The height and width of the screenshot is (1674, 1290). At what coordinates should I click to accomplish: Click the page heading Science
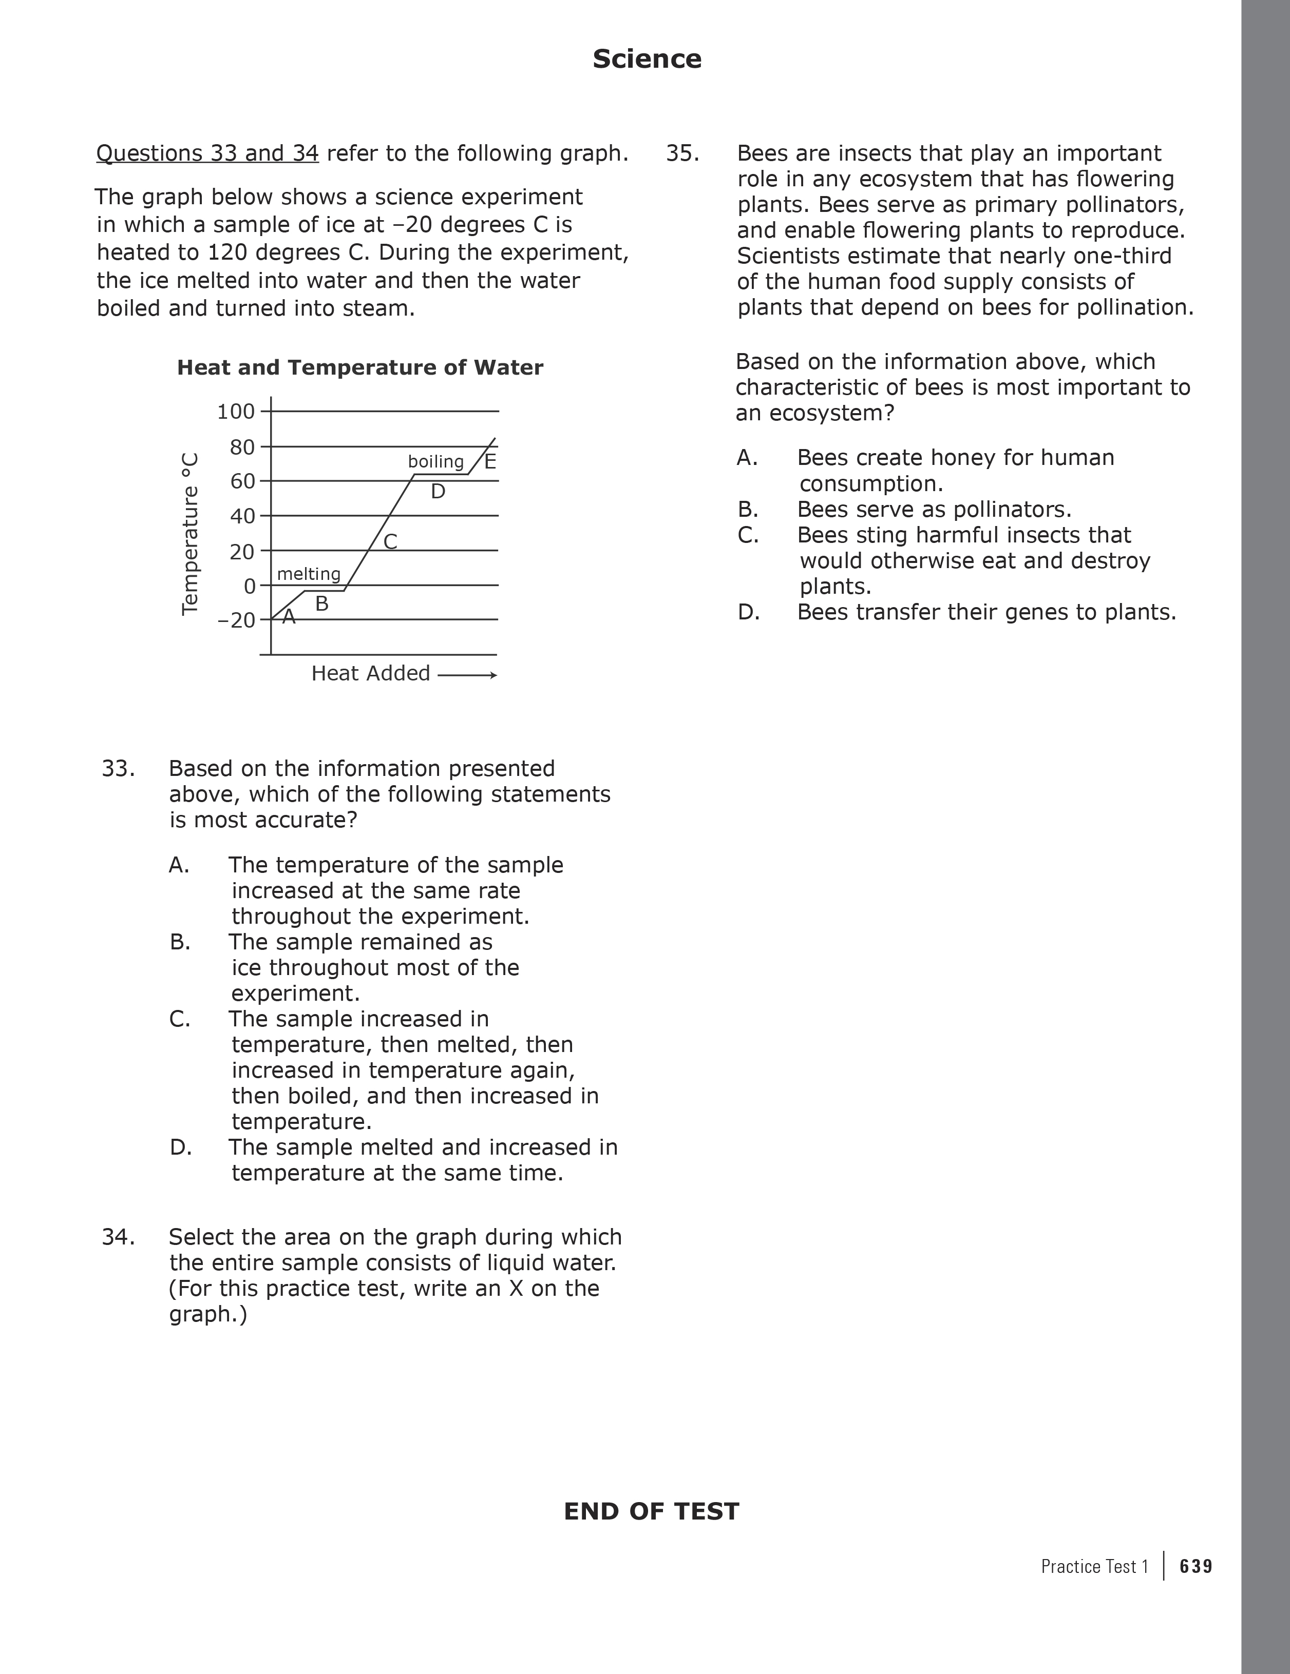pyautogui.click(x=647, y=59)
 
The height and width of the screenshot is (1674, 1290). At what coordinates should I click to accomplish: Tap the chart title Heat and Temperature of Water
pyautogui.click(x=359, y=368)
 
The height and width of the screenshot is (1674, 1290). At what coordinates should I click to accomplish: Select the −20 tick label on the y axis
pyautogui.click(x=235, y=620)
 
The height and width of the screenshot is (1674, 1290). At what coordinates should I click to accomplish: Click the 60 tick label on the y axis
pyautogui.click(x=242, y=481)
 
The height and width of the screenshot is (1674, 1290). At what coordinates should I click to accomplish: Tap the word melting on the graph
pyautogui.click(x=308, y=574)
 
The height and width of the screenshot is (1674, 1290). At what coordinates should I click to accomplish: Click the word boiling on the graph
pyautogui.click(x=435, y=461)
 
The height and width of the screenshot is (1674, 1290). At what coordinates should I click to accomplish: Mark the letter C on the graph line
pyautogui.click(x=390, y=542)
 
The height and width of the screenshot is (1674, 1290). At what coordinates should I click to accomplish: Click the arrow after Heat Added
pyautogui.click(x=467, y=675)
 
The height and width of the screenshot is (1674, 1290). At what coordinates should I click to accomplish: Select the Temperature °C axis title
pyautogui.click(x=189, y=534)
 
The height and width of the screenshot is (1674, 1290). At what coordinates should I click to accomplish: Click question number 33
pyautogui.click(x=118, y=768)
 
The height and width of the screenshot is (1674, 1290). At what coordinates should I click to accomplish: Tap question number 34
pyautogui.click(x=118, y=1237)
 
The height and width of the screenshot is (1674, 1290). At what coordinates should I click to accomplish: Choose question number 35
pyautogui.click(x=682, y=153)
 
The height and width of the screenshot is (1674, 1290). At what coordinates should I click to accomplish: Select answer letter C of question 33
pyautogui.click(x=179, y=1019)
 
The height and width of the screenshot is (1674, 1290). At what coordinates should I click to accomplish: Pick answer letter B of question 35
pyautogui.click(x=748, y=510)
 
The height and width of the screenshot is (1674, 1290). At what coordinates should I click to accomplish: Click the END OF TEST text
pyautogui.click(x=651, y=1511)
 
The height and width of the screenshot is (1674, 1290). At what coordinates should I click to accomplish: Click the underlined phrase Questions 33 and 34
pyautogui.click(x=207, y=153)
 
